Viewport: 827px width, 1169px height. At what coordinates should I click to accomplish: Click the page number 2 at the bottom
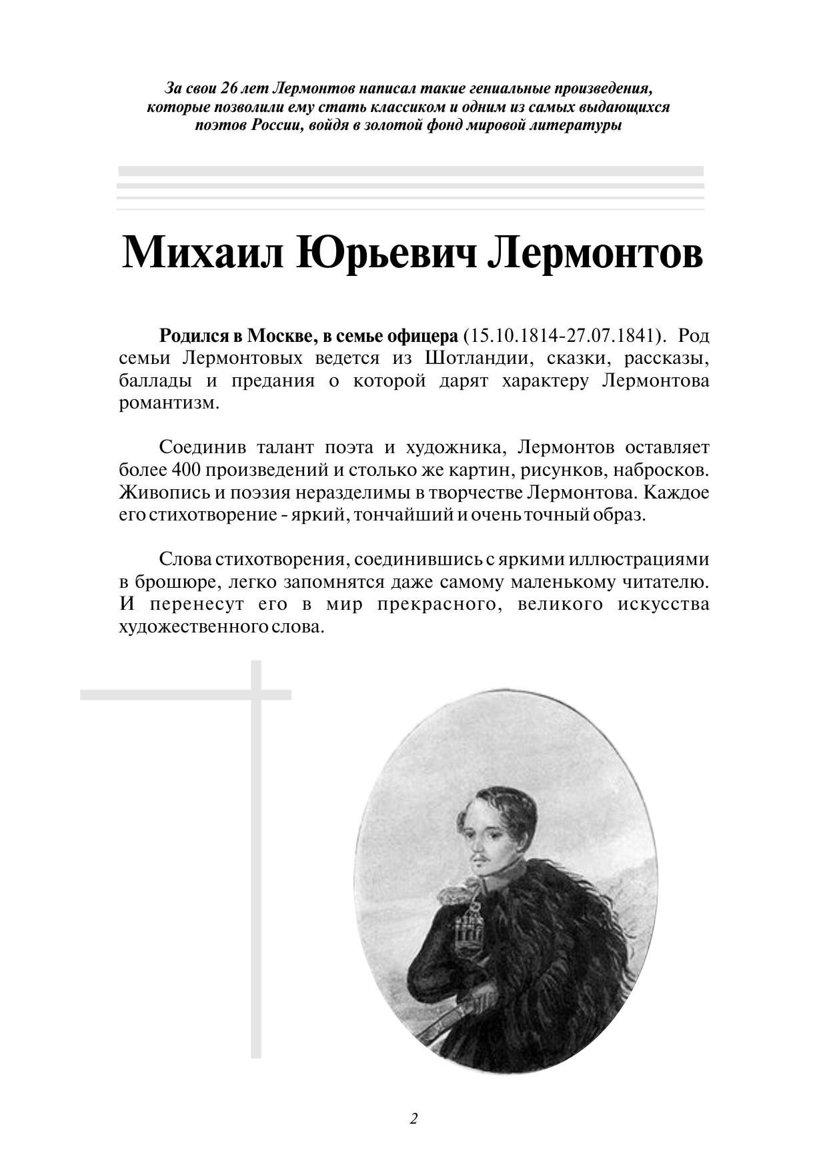[x=414, y=1118]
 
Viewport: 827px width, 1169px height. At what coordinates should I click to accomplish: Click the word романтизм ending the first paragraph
[x=169, y=404]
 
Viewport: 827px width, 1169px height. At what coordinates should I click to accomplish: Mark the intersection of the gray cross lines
[x=256, y=694]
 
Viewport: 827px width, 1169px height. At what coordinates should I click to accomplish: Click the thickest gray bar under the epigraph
[x=411, y=171]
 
